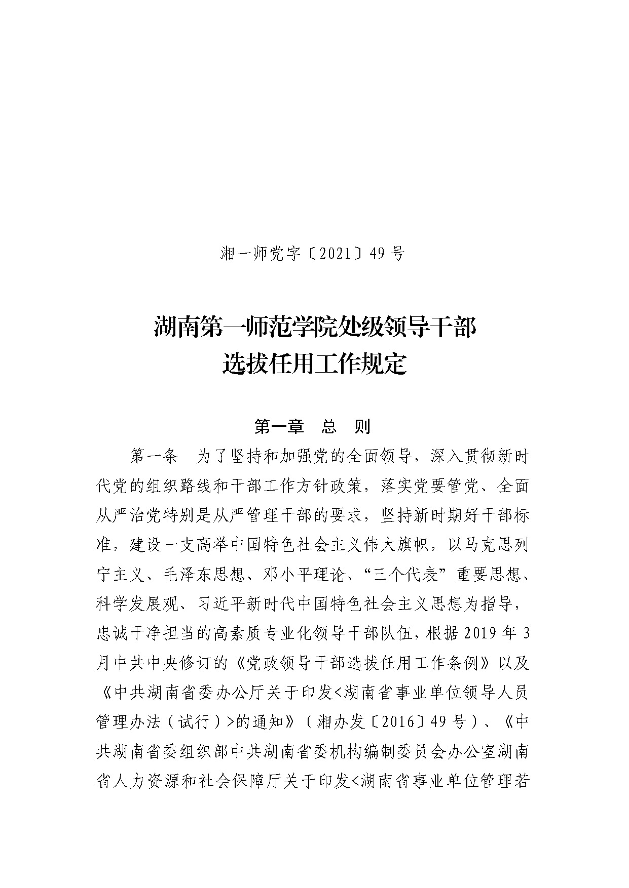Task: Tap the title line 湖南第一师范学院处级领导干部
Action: (x=315, y=328)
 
